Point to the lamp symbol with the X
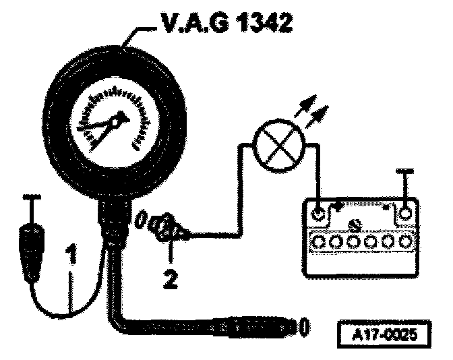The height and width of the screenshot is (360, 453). coord(276,145)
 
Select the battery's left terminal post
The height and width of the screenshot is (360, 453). coord(319,214)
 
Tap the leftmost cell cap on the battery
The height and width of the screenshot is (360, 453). coord(319,241)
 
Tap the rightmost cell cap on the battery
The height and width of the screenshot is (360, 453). coord(404,241)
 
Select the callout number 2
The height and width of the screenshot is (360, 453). coord(171,276)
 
